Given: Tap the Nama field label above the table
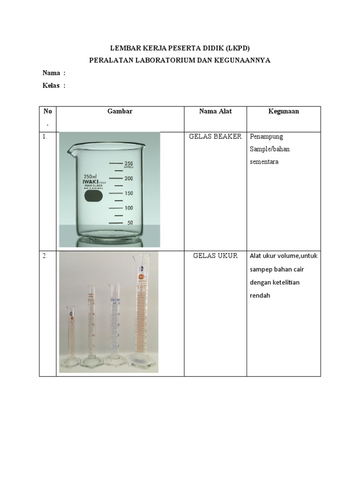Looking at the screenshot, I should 52,73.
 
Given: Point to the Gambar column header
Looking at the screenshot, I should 120,112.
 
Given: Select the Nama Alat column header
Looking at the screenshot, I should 215,112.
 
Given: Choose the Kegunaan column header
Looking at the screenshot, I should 284,112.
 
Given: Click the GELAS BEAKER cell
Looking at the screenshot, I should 215,137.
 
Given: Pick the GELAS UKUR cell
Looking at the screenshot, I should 215,256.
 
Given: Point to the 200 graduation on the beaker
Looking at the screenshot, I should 128,179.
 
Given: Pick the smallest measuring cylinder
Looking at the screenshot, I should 71,337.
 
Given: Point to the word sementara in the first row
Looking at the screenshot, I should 264,161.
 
